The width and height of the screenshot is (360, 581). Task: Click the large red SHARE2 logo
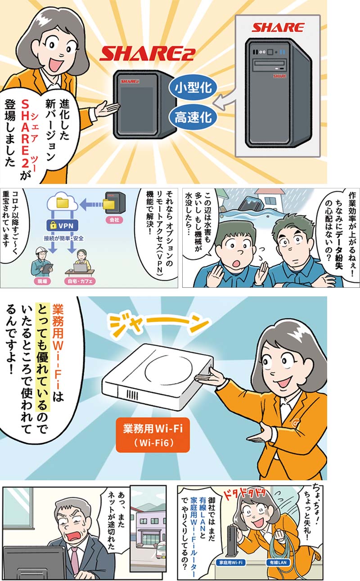click(x=148, y=54)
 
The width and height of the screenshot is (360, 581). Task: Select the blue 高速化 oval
click(x=193, y=117)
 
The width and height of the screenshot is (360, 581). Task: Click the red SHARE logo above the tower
click(x=278, y=27)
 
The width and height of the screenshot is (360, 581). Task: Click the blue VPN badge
click(x=63, y=225)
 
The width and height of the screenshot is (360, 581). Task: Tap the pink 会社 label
click(x=114, y=220)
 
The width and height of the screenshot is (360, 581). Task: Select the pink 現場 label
click(x=42, y=281)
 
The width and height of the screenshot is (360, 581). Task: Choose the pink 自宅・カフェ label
click(x=80, y=281)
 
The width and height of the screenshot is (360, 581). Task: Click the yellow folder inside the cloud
click(x=63, y=203)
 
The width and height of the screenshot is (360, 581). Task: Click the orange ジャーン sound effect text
click(x=159, y=325)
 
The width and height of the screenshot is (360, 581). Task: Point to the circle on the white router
click(x=169, y=370)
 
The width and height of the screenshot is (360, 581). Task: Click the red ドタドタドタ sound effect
click(x=245, y=494)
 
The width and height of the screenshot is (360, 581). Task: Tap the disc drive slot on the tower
click(x=270, y=63)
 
